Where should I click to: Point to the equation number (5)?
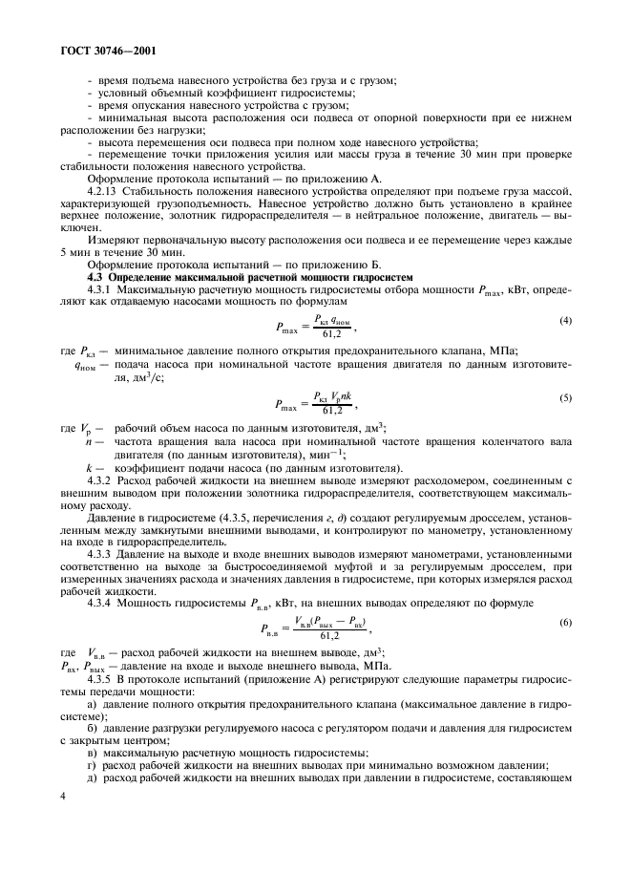click(x=566, y=396)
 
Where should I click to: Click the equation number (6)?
click(x=566, y=621)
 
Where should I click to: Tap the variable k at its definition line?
click(x=88, y=468)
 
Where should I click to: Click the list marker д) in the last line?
click(x=93, y=777)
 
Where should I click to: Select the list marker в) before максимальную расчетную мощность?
click(x=93, y=753)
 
